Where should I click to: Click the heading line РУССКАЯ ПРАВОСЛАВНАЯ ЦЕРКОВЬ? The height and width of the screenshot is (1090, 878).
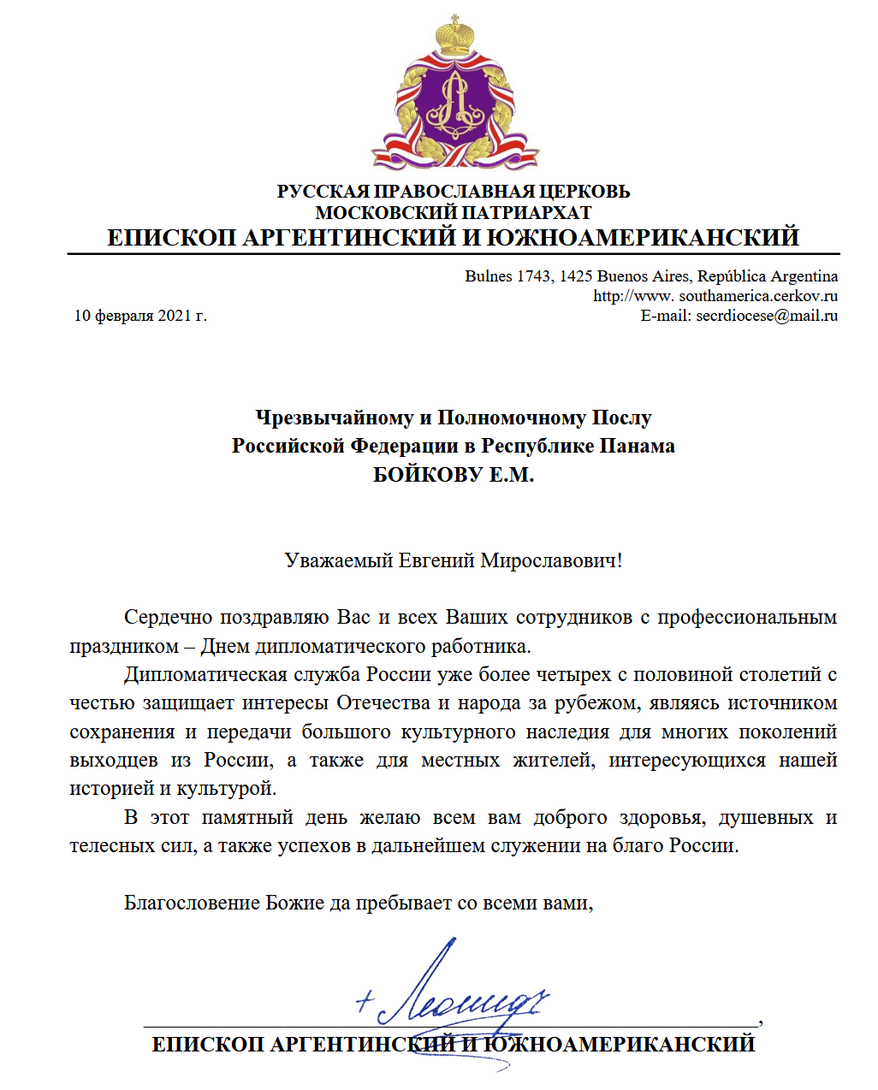[x=454, y=191]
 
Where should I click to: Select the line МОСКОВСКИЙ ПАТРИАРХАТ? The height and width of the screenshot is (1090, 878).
[x=454, y=212]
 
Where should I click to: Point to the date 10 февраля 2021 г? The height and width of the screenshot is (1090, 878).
[x=140, y=316]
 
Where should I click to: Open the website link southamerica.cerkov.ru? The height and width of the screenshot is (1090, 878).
[x=758, y=296]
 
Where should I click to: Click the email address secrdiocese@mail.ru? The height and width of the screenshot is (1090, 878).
[x=767, y=316]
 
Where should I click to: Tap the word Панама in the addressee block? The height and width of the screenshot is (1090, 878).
[x=637, y=446]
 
